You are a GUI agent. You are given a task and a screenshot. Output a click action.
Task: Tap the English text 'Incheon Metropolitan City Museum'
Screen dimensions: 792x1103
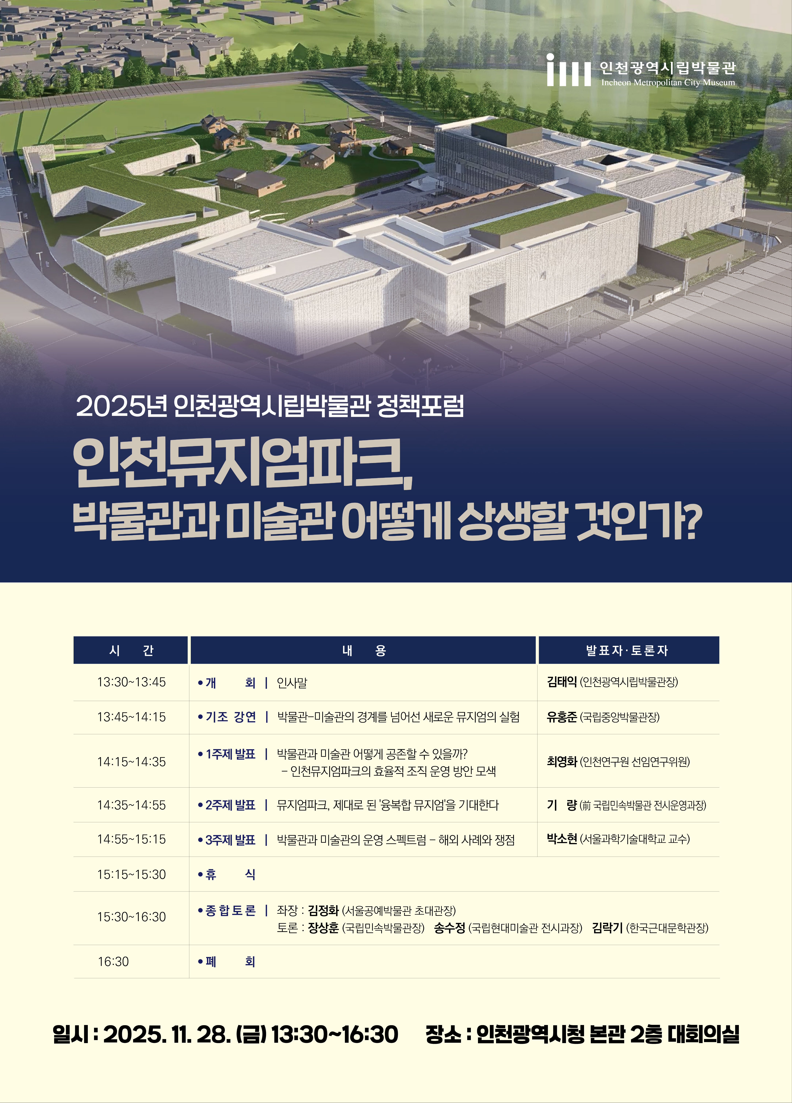point(668,83)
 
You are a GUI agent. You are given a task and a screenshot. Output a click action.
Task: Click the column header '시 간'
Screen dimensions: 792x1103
point(131,650)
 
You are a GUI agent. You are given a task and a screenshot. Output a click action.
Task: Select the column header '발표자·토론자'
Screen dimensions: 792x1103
point(628,650)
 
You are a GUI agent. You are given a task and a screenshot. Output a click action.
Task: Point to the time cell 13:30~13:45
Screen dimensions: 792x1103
point(131,682)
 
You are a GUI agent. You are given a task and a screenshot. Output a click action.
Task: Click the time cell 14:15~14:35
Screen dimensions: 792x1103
point(131,762)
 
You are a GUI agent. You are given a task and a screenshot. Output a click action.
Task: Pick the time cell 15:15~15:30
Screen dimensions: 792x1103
point(131,875)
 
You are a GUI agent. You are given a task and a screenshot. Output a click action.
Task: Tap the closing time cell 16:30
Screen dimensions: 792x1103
point(113,961)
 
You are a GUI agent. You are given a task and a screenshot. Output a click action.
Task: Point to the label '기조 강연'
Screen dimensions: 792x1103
point(231,717)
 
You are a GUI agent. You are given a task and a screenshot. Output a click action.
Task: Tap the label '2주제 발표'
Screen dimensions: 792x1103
point(230,805)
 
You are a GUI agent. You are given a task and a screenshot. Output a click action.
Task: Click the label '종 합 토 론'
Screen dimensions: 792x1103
point(230,910)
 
